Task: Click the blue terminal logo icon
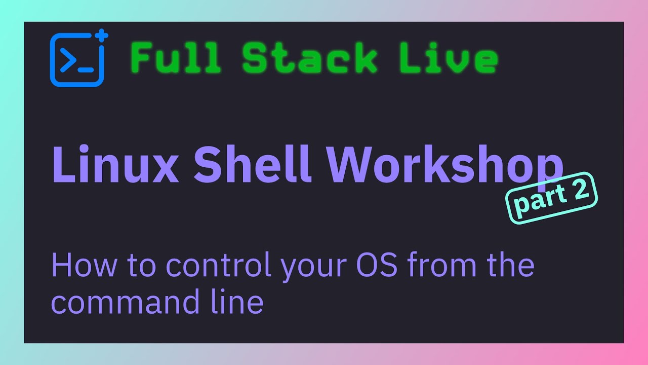tap(77, 60)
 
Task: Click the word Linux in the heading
tap(115, 164)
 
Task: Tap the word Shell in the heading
tap(252, 164)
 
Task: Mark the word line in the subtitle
tap(237, 302)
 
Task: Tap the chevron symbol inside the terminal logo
tap(68, 60)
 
